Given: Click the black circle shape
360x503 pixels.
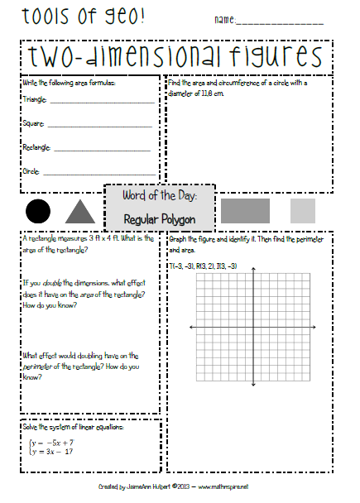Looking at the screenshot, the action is point(38,211).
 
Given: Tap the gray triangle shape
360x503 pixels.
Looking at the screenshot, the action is point(79,212).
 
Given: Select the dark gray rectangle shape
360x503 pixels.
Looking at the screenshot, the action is point(245,210).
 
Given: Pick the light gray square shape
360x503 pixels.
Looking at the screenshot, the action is point(302,210).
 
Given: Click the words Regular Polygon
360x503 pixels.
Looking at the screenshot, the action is point(159,219).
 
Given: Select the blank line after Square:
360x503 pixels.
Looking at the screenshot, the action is point(99,126).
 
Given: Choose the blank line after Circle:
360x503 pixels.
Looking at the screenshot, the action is point(98,175).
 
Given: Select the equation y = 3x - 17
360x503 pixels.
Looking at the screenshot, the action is point(56,452).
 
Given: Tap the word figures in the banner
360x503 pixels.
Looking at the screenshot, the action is point(273,57).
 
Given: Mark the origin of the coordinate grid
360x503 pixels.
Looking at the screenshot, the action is point(253,328).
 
